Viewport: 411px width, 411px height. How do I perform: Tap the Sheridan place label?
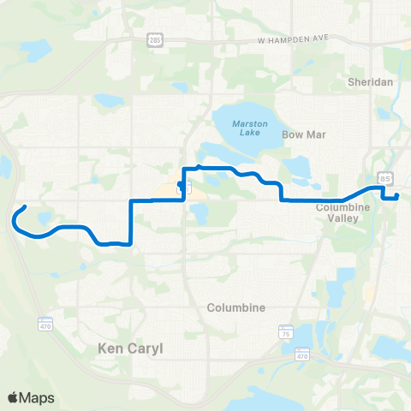pyautogui.click(x=370, y=82)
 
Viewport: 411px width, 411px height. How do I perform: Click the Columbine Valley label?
pyautogui.click(x=342, y=212)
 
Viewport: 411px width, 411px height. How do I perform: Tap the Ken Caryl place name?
pyautogui.click(x=126, y=349)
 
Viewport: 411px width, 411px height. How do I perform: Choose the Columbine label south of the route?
pyautogui.click(x=235, y=307)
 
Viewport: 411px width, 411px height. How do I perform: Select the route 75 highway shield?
pyautogui.click(x=287, y=330)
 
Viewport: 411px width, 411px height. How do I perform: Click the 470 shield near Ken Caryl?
pyautogui.click(x=45, y=324)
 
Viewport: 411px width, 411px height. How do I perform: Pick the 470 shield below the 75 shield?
pyautogui.click(x=302, y=353)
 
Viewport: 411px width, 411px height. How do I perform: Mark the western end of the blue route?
pyautogui.click(x=25, y=207)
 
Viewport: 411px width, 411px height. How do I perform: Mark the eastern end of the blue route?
pyautogui.click(x=397, y=197)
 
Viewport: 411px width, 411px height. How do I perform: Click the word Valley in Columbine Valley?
pyautogui.click(x=342, y=218)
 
